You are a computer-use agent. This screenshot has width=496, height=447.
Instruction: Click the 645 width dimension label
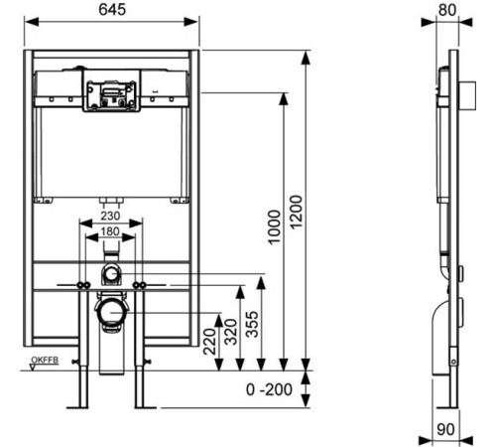[x=112, y=9]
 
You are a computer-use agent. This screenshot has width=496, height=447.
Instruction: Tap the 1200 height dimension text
[x=296, y=212]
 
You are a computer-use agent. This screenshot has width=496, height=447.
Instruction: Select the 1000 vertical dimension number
[x=274, y=227]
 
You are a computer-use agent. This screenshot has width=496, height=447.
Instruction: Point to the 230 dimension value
[x=110, y=216]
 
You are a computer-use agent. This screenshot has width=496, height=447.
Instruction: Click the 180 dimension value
[x=110, y=231]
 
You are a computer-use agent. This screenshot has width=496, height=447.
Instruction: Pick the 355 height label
[x=252, y=324]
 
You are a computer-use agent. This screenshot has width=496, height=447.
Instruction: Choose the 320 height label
[x=230, y=332]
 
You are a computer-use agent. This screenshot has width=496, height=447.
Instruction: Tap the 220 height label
[x=209, y=342]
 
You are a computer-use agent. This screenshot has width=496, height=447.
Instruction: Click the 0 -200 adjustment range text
[x=269, y=389]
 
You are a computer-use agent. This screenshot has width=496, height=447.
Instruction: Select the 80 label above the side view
[x=447, y=10]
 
